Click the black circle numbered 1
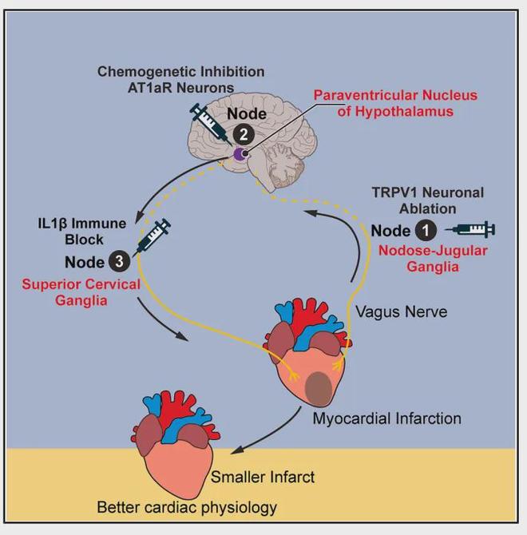click(x=424, y=232)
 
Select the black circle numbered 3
click(x=117, y=262)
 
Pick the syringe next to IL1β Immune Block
click(x=153, y=236)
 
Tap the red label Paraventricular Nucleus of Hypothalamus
click(x=382, y=103)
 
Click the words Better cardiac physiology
click(x=187, y=507)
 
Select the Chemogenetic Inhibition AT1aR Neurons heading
click(x=180, y=79)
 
